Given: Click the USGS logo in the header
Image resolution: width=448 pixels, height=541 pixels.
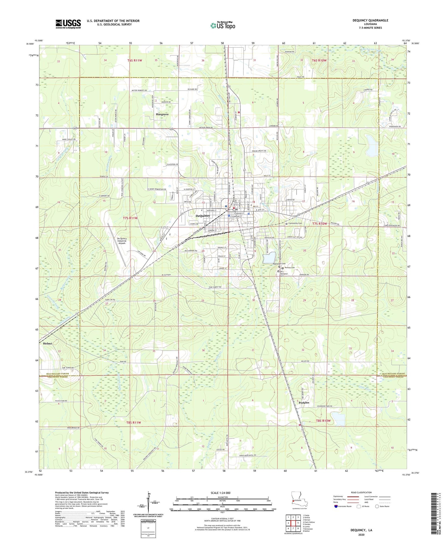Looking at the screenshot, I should [68, 24].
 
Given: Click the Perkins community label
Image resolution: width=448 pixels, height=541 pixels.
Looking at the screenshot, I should [304, 403].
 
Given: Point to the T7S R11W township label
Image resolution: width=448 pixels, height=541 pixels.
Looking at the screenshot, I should [131, 218].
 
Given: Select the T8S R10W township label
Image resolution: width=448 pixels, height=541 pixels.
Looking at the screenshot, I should [323, 421].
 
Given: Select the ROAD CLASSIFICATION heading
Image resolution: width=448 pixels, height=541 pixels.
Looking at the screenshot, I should [361, 492].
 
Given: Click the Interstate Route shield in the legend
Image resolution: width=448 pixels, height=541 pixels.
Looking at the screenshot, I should [336, 506].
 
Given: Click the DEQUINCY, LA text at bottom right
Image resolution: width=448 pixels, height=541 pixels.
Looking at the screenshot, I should [361, 530].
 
